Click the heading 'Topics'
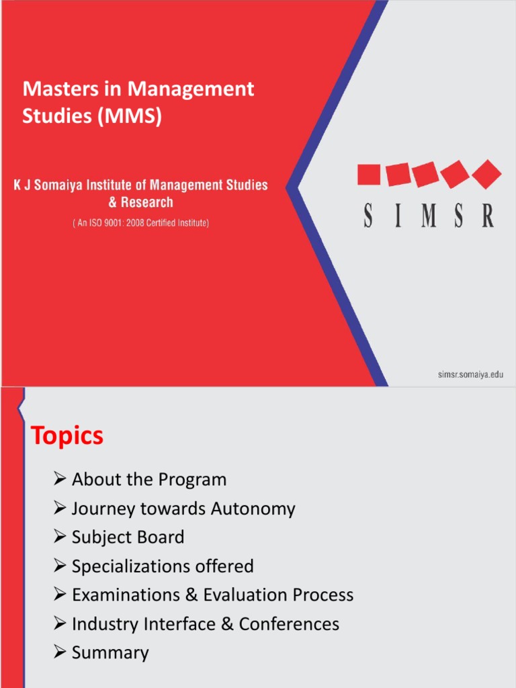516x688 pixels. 67,436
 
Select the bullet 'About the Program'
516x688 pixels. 148,480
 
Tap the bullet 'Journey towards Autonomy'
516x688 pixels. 183,509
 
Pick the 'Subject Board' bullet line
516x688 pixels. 128,537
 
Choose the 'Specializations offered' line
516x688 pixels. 163,566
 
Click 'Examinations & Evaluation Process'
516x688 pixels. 212,595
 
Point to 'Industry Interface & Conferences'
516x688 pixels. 205,624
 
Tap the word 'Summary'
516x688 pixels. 110,653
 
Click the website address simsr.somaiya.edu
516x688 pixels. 466,375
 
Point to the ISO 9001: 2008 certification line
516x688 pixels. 140,223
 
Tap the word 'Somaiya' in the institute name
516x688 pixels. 61,185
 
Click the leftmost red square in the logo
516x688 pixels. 369,175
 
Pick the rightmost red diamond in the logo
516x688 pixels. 487,174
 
